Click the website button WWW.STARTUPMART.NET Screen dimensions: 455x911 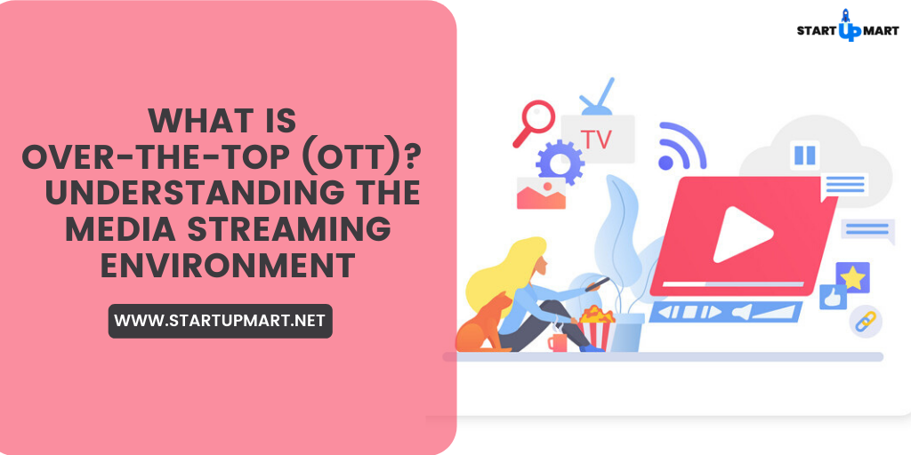click(220, 321)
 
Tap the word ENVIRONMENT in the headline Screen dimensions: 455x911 click(228, 265)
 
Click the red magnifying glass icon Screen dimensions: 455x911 click(535, 121)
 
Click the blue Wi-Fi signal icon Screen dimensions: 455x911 click(679, 147)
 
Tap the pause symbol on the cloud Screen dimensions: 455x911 click(804, 155)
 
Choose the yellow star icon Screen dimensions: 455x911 click(852, 277)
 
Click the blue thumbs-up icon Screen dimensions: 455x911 click(832, 297)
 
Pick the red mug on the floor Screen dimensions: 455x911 click(558, 342)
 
